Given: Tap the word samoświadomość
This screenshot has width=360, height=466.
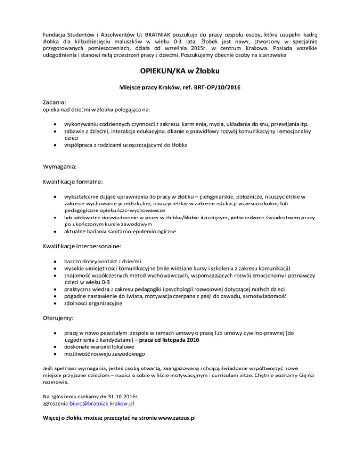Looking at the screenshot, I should [x=266, y=296].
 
